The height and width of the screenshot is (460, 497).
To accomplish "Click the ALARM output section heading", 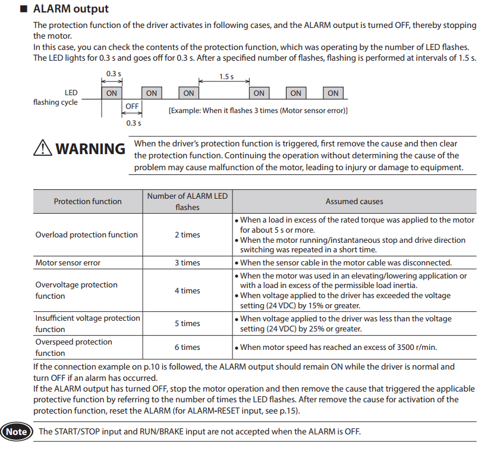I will pos(71,9).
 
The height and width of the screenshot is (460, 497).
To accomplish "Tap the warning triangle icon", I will pos(43,147).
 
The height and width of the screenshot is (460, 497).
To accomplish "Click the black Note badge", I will pos(17,431).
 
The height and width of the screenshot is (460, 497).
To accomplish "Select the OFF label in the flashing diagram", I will pos(132,107).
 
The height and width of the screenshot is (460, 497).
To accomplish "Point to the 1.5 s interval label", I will pos(226,77).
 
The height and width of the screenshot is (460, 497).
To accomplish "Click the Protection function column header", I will pos(87,201).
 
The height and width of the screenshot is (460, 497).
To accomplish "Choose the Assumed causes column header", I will pos(354,201).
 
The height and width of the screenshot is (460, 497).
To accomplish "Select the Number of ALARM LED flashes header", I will pos(187,201).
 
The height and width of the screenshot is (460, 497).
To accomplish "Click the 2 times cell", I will pos(187,234).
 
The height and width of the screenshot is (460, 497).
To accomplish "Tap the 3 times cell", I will pos(187,262).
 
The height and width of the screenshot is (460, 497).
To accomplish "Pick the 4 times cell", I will pos(187,290).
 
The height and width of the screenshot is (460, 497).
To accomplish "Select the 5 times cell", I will pos(187,323).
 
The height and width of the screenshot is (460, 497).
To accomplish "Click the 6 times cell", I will pos(187,347).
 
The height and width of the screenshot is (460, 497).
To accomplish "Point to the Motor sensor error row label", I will pos(68,262).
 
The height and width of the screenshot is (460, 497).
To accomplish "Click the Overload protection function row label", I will pos(86,234).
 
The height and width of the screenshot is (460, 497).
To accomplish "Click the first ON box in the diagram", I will pos(111,93).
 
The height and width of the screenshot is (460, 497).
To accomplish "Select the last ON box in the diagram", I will pos(333,93).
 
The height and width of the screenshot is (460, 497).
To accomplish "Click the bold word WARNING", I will pos(90,149).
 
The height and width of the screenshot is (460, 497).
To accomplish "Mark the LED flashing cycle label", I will pos(55,98).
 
